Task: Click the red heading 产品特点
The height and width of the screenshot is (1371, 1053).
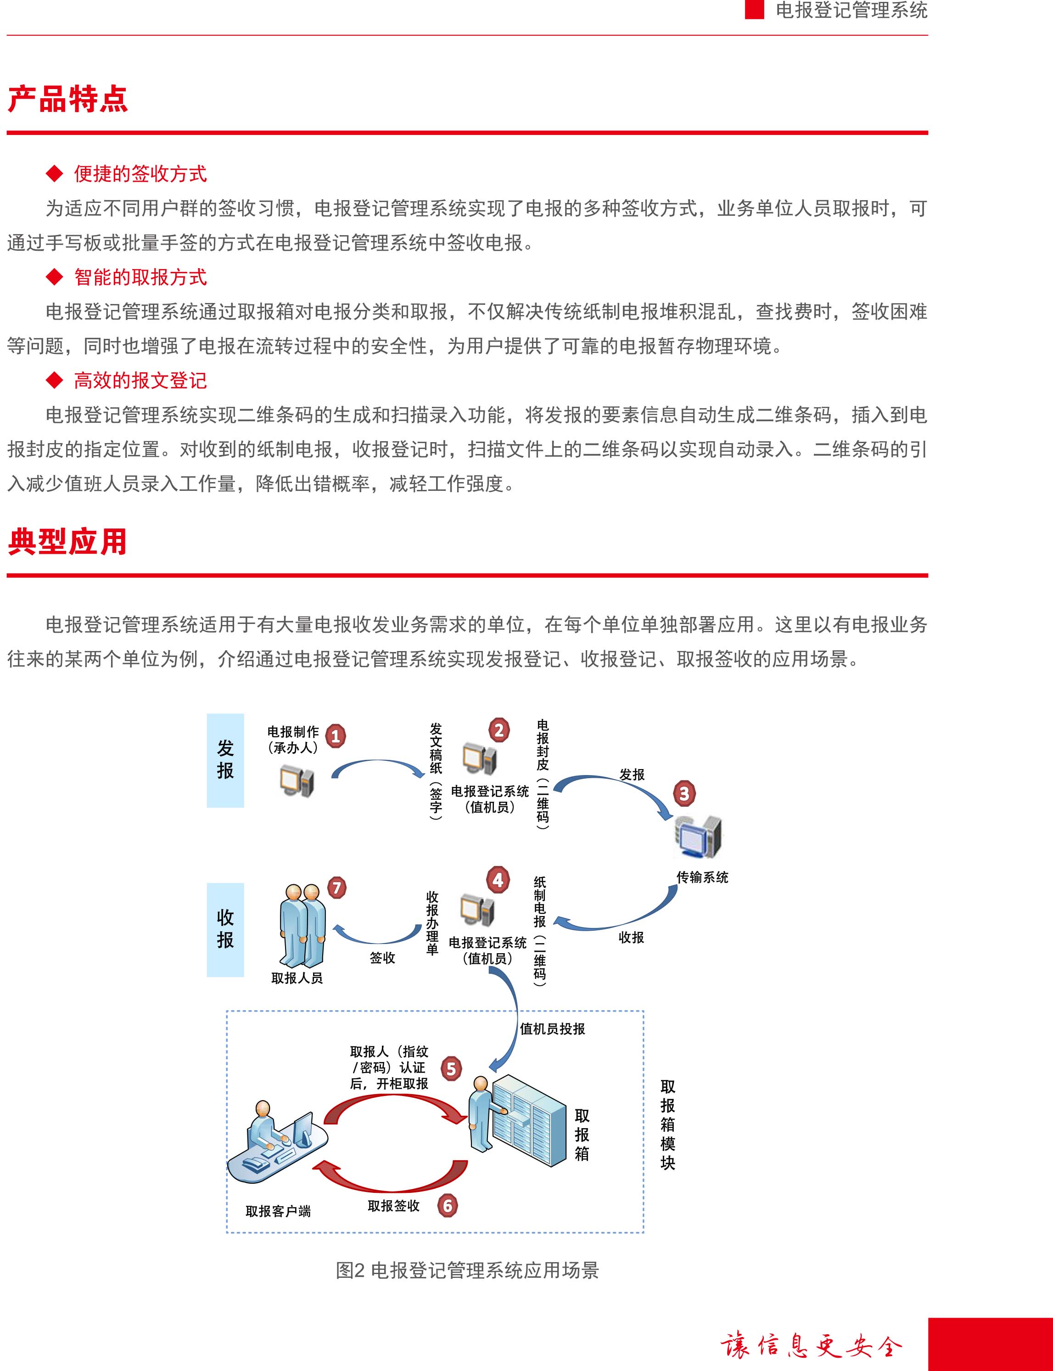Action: (67, 99)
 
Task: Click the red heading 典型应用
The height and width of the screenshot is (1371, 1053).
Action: (67, 542)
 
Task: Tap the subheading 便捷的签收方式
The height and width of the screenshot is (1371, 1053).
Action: (140, 174)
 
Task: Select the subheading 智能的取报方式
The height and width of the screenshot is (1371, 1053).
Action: (140, 277)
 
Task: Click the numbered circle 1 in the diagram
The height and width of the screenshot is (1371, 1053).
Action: (336, 736)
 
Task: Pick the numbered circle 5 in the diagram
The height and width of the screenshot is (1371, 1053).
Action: (451, 1069)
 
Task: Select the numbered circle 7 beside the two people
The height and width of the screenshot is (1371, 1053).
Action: (336, 888)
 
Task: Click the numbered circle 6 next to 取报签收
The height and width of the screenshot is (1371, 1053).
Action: (448, 1206)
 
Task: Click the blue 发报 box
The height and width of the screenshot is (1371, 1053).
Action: (225, 760)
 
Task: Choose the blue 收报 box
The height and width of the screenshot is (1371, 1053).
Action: (225, 930)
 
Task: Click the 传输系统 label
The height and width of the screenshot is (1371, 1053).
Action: (702, 877)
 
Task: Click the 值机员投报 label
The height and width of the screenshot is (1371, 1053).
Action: (552, 1029)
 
